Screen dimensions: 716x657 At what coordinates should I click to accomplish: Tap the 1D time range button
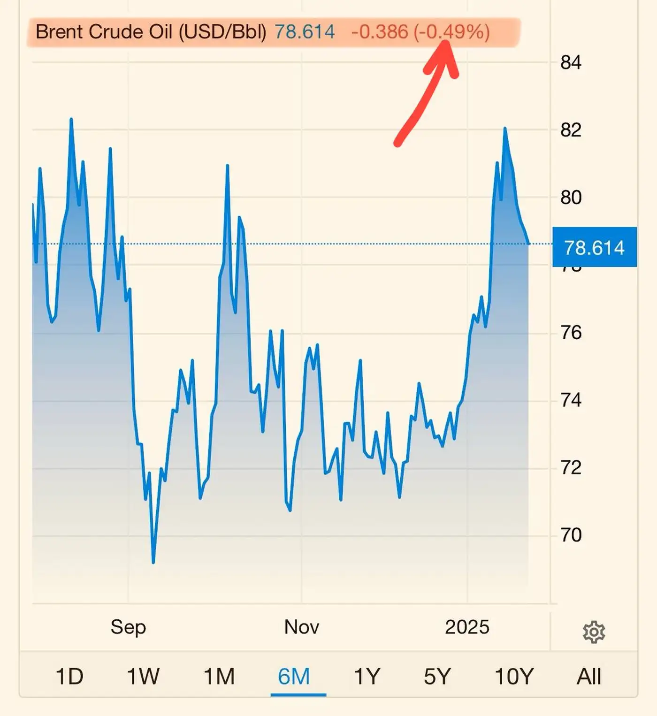(x=69, y=676)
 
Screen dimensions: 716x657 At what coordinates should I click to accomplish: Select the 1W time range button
(x=143, y=676)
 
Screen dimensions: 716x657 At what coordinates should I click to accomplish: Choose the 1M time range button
(x=219, y=676)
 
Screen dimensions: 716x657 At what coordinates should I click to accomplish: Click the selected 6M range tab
(x=294, y=676)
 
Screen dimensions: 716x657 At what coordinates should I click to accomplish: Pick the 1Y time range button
(x=367, y=676)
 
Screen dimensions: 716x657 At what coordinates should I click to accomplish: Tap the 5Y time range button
(x=437, y=676)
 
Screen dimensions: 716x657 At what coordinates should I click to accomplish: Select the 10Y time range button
(x=514, y=676)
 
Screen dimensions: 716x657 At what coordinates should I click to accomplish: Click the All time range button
(x=588, y=676)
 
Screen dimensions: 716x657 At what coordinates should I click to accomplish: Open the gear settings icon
(x=594, y=632)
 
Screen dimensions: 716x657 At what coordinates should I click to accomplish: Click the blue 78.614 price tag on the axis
(x=594, y=247)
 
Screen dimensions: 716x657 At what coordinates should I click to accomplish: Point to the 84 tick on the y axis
(x=571, y=62)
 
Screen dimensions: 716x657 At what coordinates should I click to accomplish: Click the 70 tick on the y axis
(x=571, y=535)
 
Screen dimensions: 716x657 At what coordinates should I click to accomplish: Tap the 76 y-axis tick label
(x=571, y=333)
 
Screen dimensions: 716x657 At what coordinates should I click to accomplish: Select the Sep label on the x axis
(x=128, y=627)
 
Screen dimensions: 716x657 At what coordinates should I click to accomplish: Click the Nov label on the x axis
(x=301, y=627)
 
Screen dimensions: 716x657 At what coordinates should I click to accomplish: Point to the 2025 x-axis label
(x=467, y=627)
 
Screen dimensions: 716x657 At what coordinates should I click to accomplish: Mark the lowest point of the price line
(x=153, y=562)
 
